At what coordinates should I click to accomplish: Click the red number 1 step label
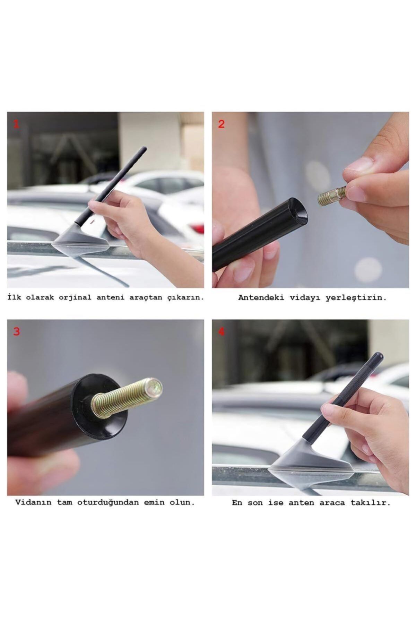pyautogui.click(x=16, y=124)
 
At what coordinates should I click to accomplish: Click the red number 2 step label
pyautogui.click(x=221, y=124)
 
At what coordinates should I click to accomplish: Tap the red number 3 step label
pyautogui.click(x=16, y=331)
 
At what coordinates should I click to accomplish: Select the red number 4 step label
pyautogui.click(x=221, y=331)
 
